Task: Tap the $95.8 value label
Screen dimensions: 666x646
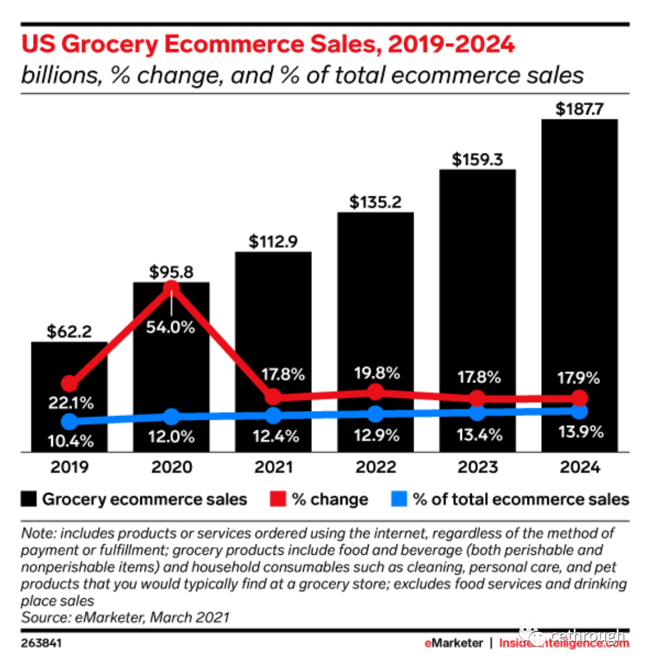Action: pyautogui.click(x=171, y=272)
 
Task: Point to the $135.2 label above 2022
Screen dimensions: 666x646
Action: pyautogui.click(x=375, y=202)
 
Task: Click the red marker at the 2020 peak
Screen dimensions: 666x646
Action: pyautogui.click(x=171, y=289)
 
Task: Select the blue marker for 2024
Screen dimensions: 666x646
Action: pyautogui.click(x=579, y=412)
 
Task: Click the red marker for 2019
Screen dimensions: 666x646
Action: pyautogui.click(x=70, y=384)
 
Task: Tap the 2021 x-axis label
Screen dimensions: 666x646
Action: pyautogui.click(x=274, y=467)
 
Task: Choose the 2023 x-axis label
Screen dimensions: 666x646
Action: pyautogui.click(x=478, y=467)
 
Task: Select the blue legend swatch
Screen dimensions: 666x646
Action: pyautogui.click(x=399, y=499)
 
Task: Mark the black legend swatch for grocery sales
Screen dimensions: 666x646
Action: pyautogui.click(x=29, y=499)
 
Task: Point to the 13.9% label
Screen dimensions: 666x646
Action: pyautogui.click(x=580, y=432)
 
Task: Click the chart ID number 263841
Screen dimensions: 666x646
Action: pyautogui.click(x=42, y=642)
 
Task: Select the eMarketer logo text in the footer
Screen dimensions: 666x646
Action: pyautogui.click(x=453, y=643)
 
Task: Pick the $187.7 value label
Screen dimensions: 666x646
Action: pyautogui.click(x=579, y=110)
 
